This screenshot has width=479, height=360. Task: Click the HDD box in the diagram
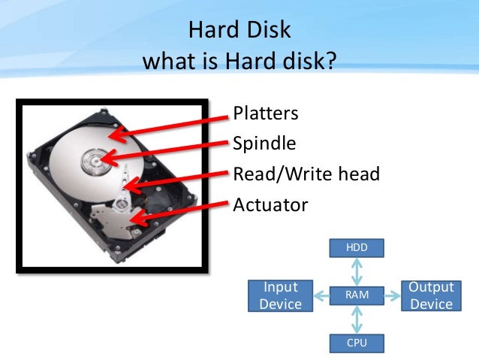coord(357,247)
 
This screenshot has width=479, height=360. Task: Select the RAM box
coord(357,295)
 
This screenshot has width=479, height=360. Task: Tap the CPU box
coord(357,343)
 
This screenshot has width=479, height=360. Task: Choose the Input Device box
coord(279,295)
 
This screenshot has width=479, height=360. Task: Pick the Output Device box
coord(432,295)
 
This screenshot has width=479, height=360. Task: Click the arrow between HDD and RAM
coord(357,271)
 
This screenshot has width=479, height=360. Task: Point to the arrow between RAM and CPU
coord(357,319)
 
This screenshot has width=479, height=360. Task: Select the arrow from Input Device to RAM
coord(320,295)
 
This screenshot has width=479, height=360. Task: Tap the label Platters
coord(266,113)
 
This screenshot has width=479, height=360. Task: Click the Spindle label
coord(264,144)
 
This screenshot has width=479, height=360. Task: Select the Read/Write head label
coord(306,174)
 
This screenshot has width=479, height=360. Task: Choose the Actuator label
coord(270,205)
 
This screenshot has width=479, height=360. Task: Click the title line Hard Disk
coord(239,32)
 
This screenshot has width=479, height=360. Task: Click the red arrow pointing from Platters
coord(169,125)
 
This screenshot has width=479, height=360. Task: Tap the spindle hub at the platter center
coord(96,160)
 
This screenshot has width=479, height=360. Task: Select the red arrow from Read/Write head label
coord(176,180)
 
